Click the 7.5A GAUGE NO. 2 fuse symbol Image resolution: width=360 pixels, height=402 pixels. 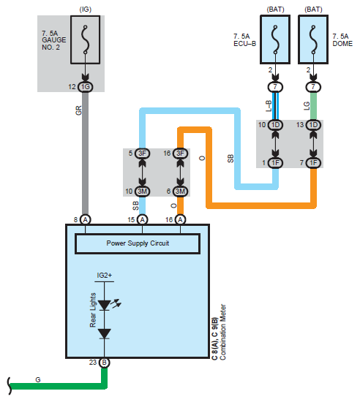coord(85,39)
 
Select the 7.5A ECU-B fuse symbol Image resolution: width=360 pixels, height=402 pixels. coord(275,39)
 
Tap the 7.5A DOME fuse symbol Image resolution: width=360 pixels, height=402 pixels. coord(313,39)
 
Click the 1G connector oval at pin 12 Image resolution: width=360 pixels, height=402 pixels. coord(85,87)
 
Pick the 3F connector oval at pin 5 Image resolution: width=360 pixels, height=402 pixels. coord(142,153)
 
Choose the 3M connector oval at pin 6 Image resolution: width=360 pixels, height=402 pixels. coord(180,191)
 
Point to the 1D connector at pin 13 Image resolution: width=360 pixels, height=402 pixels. coord(313,125)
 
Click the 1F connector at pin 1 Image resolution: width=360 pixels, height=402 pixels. coord(275,163)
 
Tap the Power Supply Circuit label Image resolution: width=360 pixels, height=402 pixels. coord(138,243)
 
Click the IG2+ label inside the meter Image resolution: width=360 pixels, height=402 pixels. coord(104,276)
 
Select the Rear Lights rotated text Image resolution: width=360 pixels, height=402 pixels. coord(93,310)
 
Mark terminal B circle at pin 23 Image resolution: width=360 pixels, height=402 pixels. coord(104,363)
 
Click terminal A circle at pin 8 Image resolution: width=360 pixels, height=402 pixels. coord(85,220)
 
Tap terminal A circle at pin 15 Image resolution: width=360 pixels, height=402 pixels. coord(142,220)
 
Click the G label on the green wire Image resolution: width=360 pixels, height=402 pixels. coord(38,379)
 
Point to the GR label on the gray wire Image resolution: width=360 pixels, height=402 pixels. coord(78,110)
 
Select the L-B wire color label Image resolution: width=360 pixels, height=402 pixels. coord(269,106)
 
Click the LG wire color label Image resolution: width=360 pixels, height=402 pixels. coord(307,106)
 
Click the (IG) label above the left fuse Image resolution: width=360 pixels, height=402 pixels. coord(85,10)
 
